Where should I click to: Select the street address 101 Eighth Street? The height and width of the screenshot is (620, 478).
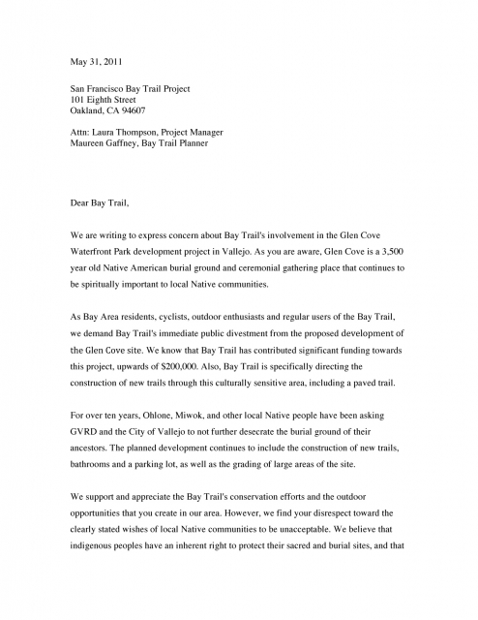click(x=108, y=100)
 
